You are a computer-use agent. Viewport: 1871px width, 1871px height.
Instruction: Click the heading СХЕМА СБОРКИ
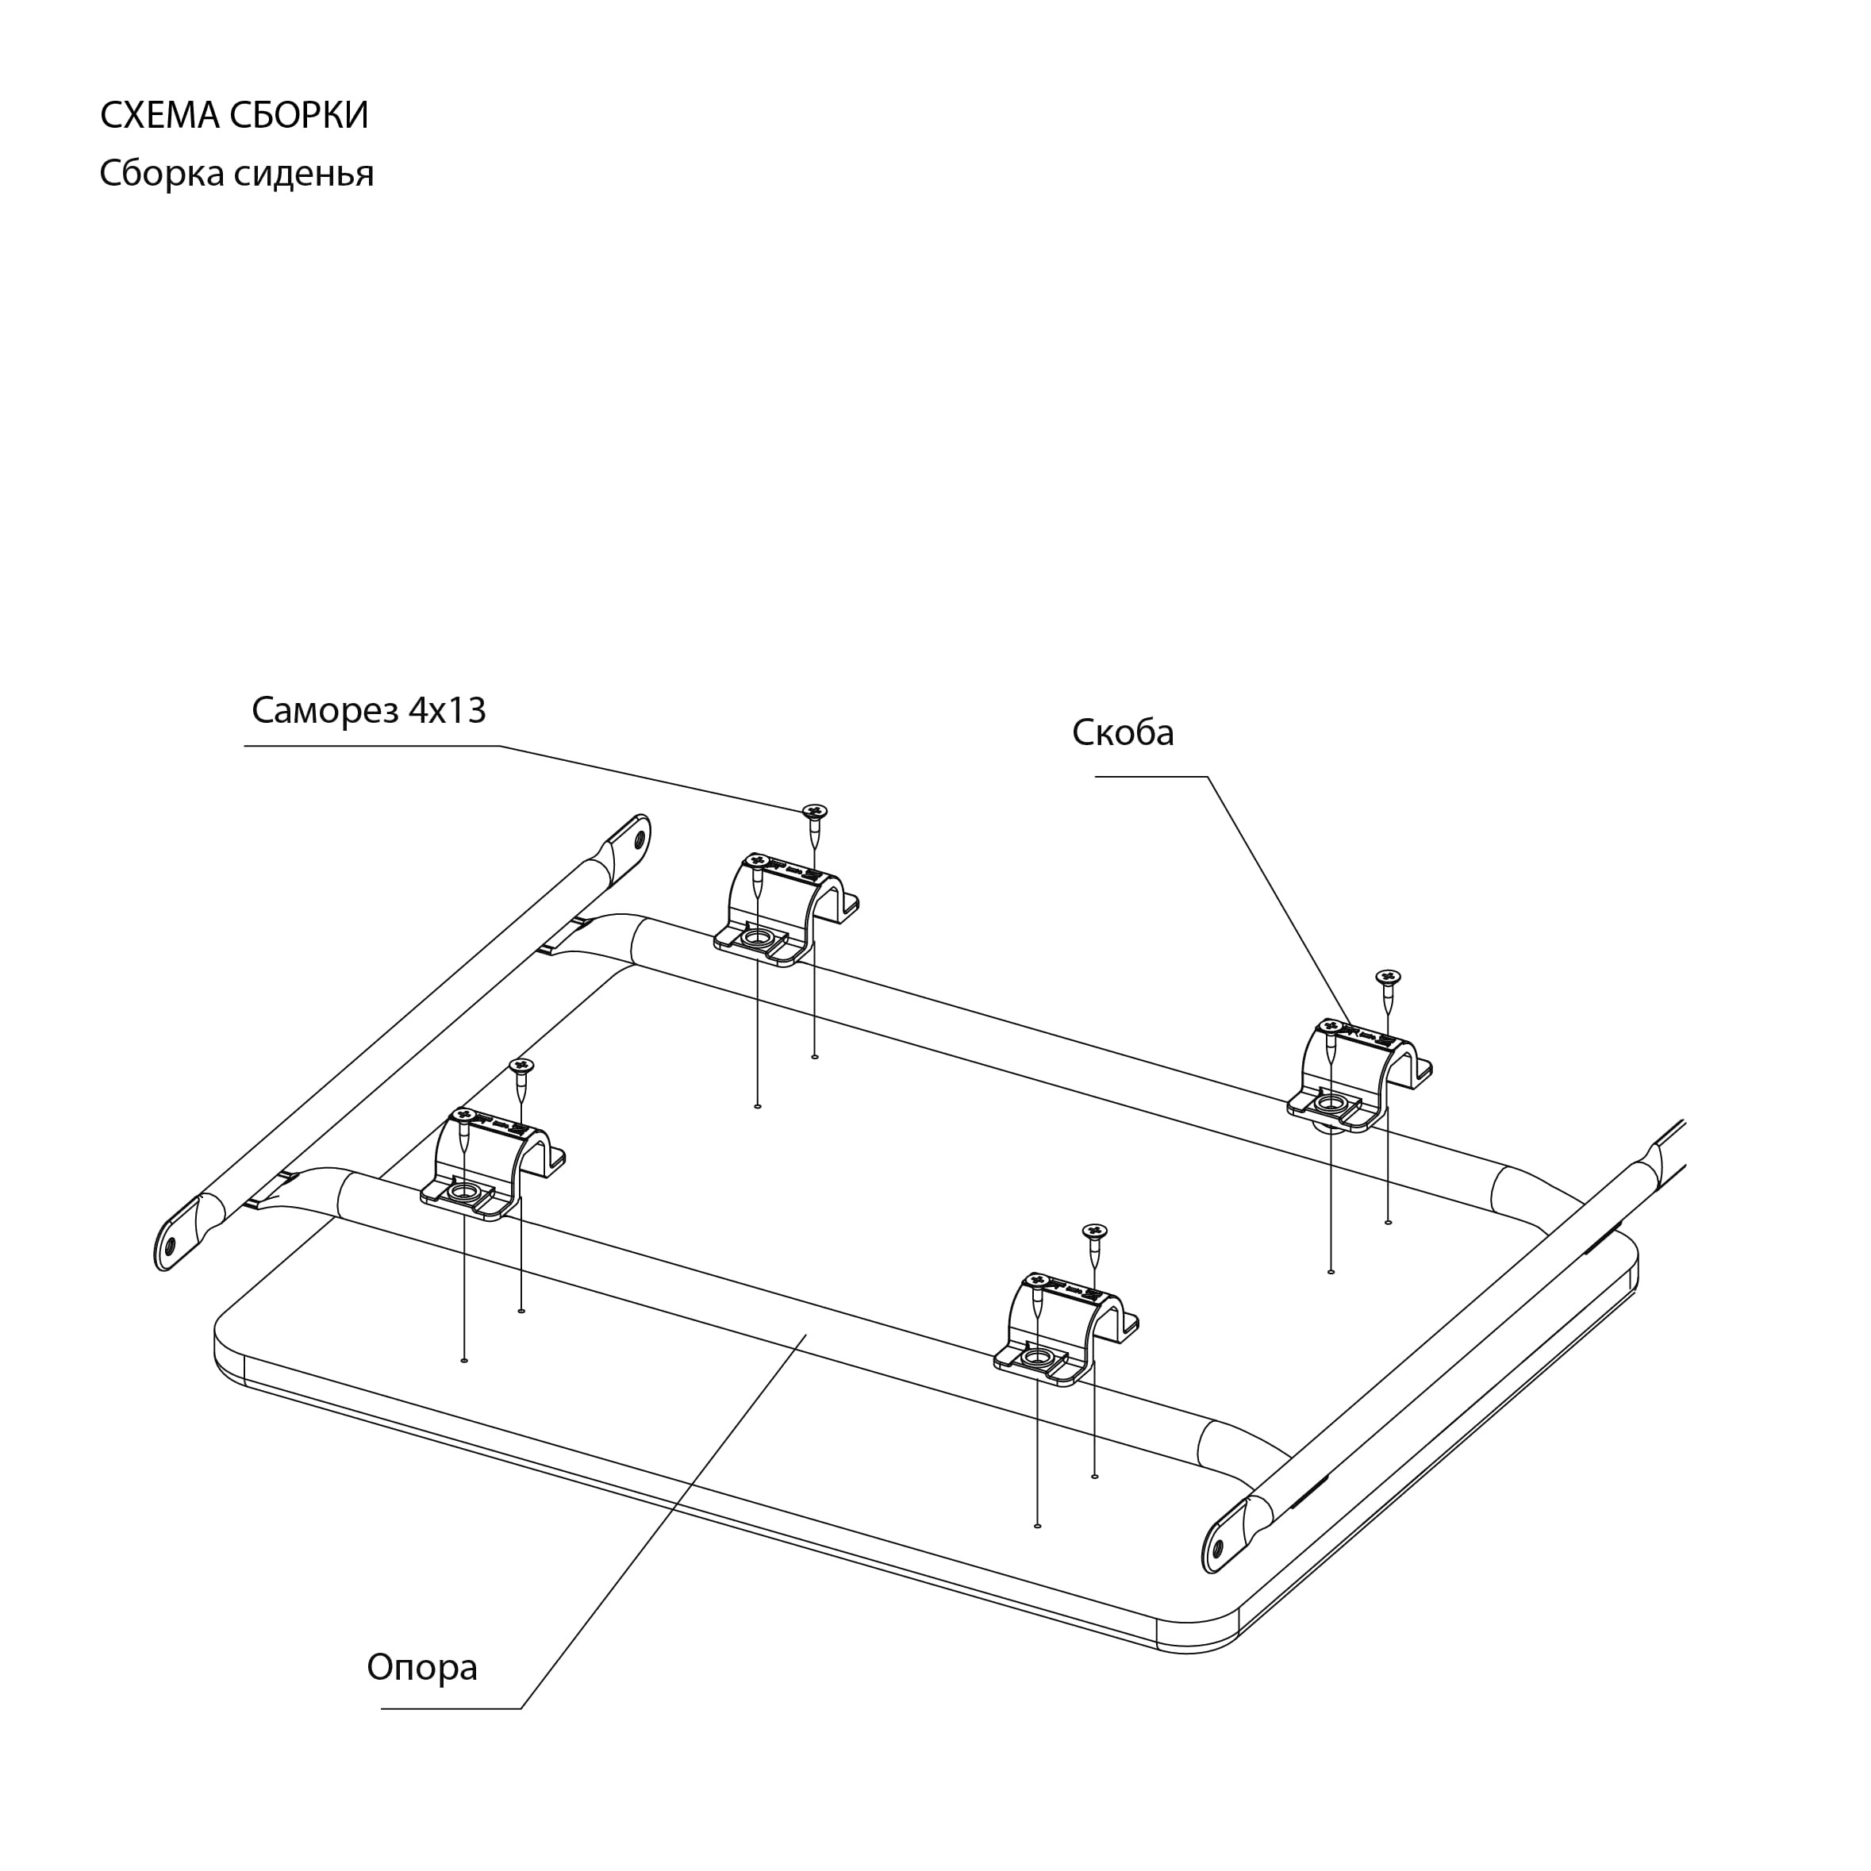(234, 115)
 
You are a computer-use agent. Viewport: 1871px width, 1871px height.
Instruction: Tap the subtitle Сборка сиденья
(236, 173)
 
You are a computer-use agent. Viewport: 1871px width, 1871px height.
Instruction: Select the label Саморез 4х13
(368, 710)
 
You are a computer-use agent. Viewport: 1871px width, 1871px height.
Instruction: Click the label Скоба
(1123, 732)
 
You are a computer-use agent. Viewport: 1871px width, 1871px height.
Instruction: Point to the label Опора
(421, 1666)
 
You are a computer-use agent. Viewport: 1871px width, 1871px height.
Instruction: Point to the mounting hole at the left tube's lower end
(171, 1244)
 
